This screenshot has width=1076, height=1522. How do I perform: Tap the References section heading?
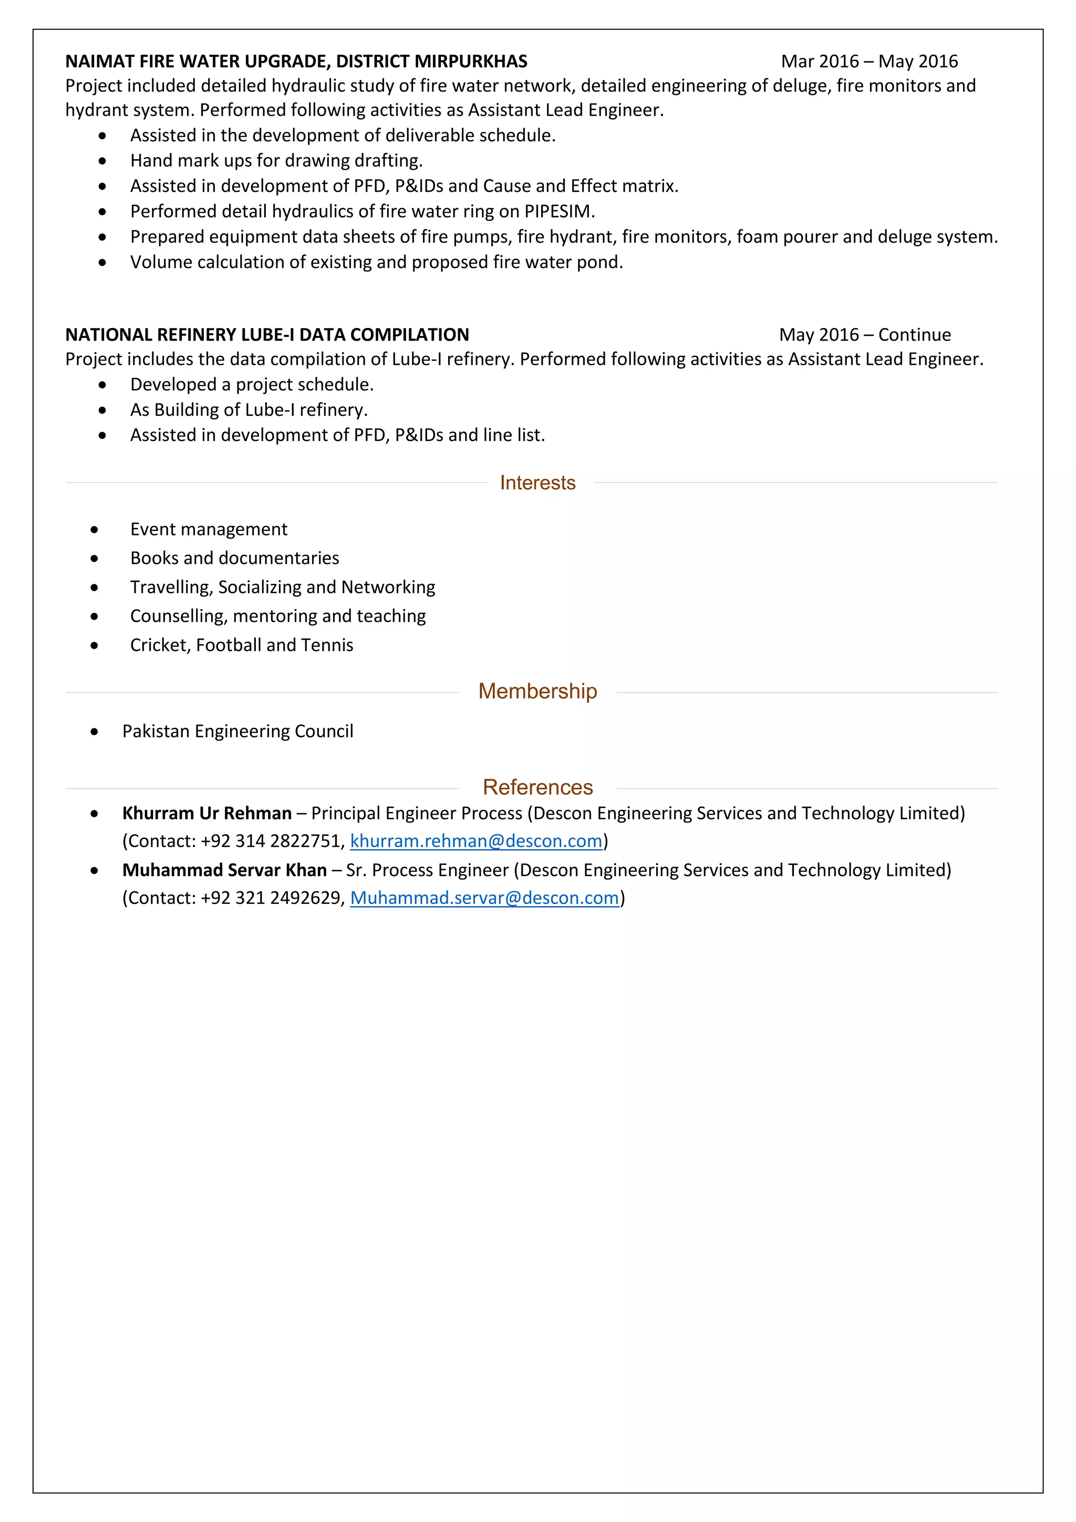point(537,787)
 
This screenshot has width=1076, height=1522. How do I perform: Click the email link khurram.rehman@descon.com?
point(475,841)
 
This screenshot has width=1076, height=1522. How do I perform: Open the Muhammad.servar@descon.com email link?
point(484,898)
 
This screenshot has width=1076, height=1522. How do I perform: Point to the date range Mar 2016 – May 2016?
point(870,61)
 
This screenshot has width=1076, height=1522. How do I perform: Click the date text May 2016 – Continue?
point(865,335)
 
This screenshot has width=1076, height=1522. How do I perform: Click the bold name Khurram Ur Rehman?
point(206,814)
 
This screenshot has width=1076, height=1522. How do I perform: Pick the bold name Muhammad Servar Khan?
point(225,870)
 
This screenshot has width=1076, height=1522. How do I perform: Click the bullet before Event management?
point(95,530)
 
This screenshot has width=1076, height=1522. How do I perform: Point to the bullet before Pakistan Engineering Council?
point(95,732)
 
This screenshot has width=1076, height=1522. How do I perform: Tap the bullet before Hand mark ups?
point(102,161)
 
